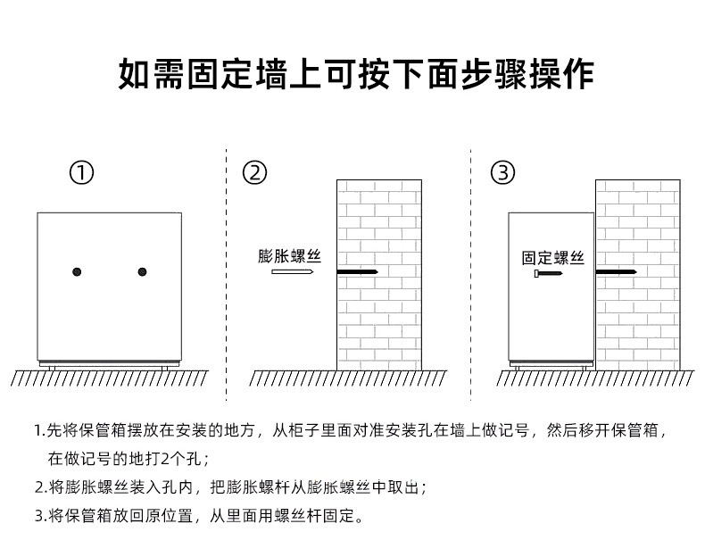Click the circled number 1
point(82,173)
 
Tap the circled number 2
point(255,173)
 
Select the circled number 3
point(503,173)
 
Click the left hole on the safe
point(78,271)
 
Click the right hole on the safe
point(142,271)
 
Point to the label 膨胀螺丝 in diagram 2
point(289,255)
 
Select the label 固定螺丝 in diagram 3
point(553,258)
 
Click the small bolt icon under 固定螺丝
point(549,275)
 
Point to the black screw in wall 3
point(616,271)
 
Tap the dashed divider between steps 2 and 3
point(470,268)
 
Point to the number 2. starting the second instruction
point(40,487)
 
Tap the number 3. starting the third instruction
point(40,515)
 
